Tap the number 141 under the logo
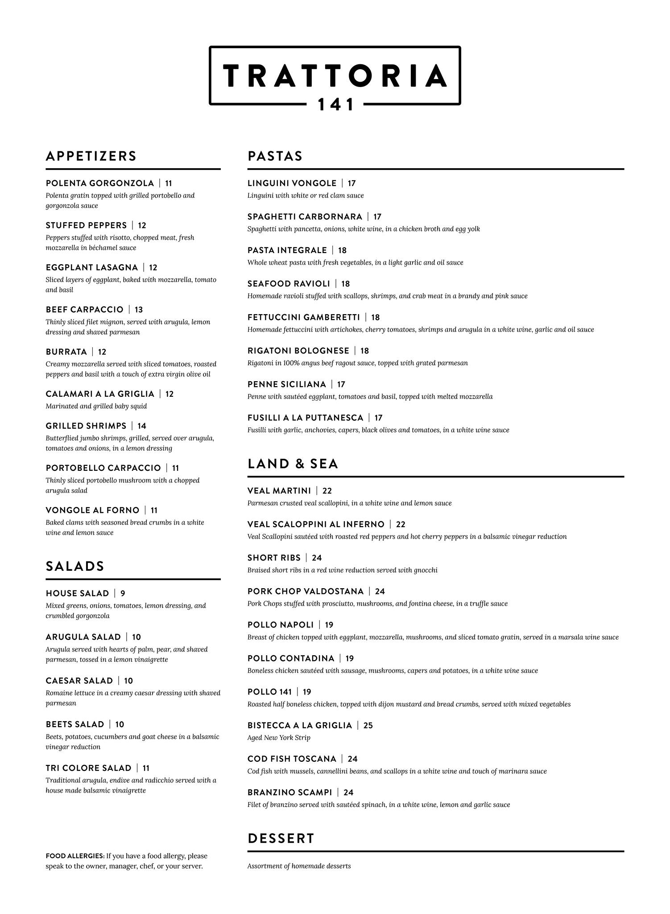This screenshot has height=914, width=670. tap(335, 105)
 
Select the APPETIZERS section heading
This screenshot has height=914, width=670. tap(91, 156)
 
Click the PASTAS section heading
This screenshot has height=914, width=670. tap(275, 156)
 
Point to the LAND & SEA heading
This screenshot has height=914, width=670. tap(293, 464)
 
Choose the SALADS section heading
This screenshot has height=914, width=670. tap(75, 566)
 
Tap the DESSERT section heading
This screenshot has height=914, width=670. tap(281, 839)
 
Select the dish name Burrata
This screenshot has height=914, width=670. tap(66, 352)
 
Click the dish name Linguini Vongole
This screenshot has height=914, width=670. tap(292, 183)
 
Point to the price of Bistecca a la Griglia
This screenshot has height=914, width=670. tap(368, 726)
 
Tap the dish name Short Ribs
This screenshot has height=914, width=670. tap(274, 558)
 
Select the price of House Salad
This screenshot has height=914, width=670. tap(123, 594)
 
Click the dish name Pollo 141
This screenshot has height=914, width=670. tap(269, 692)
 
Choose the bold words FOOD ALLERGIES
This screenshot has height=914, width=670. tap(75, 856)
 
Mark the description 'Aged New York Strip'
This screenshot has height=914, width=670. tap(279, 738)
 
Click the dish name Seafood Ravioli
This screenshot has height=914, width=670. tap(289, 284)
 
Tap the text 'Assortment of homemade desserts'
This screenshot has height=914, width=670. tap(299, 866)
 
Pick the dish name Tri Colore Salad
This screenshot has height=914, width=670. tap(88, 768)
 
